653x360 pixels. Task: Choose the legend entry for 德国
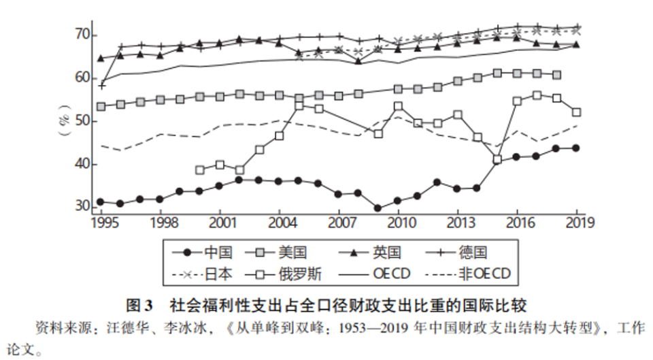(x=473, y=252)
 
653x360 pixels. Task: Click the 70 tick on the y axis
(x=80, y=35)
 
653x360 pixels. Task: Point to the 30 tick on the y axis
(x=80, y=206)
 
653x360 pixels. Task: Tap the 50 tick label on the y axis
(x=80, y=121)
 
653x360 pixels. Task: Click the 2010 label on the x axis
(x=399, y=223)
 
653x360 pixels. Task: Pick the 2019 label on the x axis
(x=577, y=223)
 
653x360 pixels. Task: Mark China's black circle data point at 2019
(x=577, y=148)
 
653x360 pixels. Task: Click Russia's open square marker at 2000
(x=200, y=169)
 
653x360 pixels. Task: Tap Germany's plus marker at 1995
(x=101, y=86)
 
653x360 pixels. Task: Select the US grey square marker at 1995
(x=101, y=107)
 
